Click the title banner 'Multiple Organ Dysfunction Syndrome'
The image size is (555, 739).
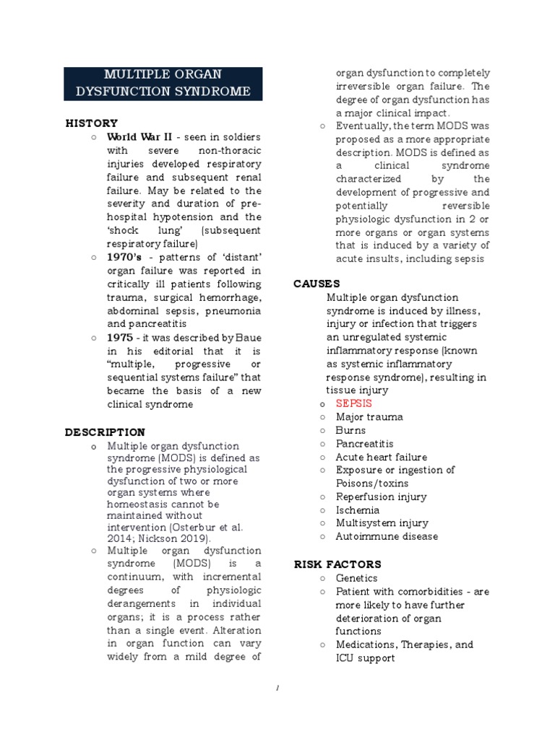click(x=163, y=84)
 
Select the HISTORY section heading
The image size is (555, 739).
click(x=91, y=123)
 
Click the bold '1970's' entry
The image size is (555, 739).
click(x=124, y=257)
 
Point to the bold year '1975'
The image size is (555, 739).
click(x=119, y=338)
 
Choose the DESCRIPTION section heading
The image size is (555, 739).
click(x=105, y=432)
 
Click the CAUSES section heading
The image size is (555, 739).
click(x=317, y=284)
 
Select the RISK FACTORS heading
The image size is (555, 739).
click(x=337, y=564)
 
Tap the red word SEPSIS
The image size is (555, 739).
click(x=353, y=404)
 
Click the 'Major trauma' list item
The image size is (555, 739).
click(x=369, y=417)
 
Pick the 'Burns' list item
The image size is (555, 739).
click(x=350, y=431)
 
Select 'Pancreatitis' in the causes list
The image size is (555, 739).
click(x=364, y=444)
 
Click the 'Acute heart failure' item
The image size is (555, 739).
click(x=381, y=458)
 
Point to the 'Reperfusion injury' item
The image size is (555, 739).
click(x=381, y=497)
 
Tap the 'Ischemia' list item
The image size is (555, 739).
click(x=357, y=510)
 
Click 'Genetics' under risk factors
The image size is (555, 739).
click(x=356, y=578)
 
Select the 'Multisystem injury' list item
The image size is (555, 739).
click(x=382, y=523)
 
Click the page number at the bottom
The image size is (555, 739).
click(x=277, y=688)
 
